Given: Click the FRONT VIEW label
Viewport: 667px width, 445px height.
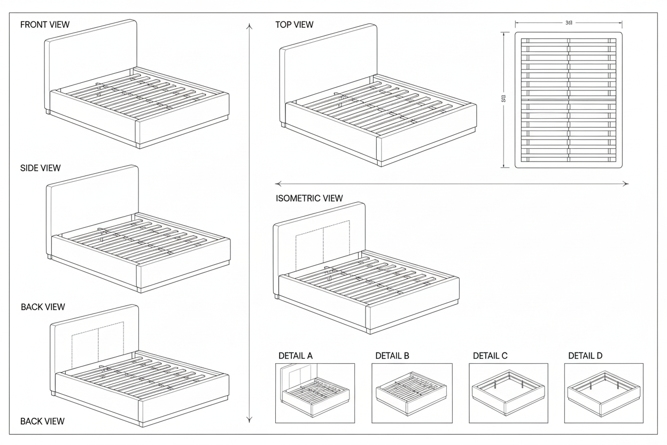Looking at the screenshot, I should (x=45, y=25).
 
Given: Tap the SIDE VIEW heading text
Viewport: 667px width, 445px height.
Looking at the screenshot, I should (x=41, y=168).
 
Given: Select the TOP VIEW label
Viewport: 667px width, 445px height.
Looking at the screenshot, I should (x=294, y=25).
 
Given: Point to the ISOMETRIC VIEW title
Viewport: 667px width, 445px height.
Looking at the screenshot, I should (x=309, y=198).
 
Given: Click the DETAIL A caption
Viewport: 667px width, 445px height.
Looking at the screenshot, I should (x=296, y=356).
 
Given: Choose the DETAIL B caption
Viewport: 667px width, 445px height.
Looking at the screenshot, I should (x=392, y=356).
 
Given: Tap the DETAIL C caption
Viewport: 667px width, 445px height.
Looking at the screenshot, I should (x=490, y=356).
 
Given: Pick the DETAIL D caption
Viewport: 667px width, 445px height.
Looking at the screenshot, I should (x=585, y=356).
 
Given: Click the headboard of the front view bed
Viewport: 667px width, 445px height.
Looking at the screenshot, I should (x=91, y=53).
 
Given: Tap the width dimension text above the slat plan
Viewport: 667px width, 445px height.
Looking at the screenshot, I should (x=569, y=23).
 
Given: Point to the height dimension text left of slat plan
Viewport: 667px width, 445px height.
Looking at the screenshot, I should (x=503, y=99).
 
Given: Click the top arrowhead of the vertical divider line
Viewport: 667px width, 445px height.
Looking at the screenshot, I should (x=249, y=25).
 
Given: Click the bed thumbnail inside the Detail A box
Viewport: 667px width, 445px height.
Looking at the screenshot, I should (x=315, y=393).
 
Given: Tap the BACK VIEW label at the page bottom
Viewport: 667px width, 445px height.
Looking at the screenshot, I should (x=43, y=421).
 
